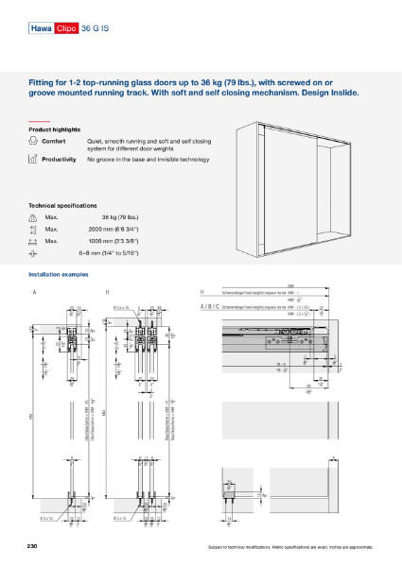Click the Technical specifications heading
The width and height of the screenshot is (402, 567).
pos(62,205)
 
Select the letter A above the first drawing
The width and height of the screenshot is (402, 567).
pos(35,292)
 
